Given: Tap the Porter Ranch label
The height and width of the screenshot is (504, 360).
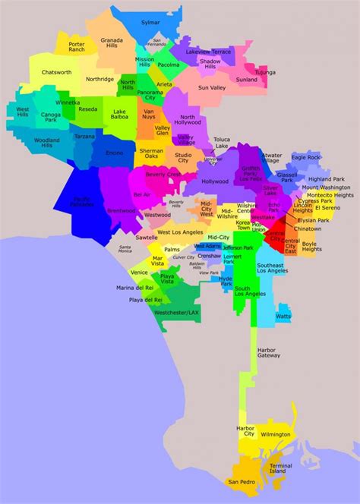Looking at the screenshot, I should pos(77,47).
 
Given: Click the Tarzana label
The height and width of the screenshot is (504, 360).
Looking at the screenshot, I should pos(84,137).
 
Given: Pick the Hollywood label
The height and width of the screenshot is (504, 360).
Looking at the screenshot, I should pos(215,181).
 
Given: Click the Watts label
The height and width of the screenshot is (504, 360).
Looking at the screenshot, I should pos(283,316).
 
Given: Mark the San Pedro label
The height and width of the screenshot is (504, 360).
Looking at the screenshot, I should pos(242,482).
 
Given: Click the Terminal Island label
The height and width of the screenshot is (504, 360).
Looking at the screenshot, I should pos(280,468).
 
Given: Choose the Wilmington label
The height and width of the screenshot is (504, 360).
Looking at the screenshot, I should pos(274,435).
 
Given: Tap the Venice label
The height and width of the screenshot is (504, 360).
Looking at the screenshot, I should pos(139,272).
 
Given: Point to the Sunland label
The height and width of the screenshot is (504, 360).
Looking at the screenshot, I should pos(247,79).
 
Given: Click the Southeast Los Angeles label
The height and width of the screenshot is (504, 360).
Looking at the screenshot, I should pos(271,269).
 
